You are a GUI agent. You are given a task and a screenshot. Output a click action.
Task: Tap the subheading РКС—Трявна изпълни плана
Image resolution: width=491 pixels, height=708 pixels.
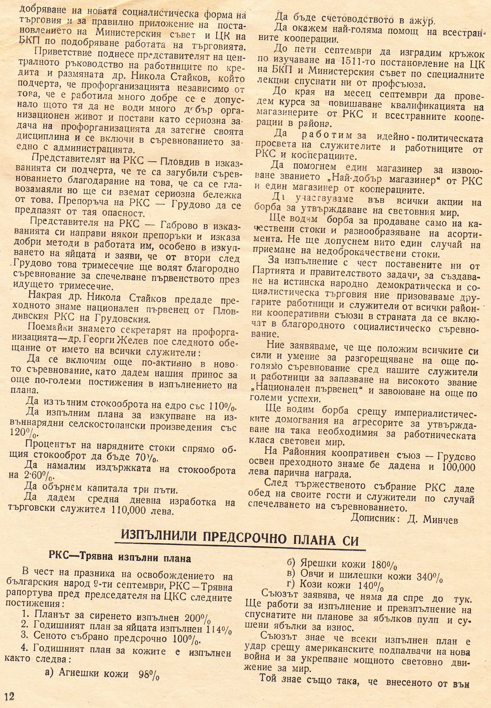click(x=120, y=558)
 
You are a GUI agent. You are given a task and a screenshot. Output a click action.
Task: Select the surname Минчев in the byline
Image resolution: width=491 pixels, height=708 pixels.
click(x=441, y=519)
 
